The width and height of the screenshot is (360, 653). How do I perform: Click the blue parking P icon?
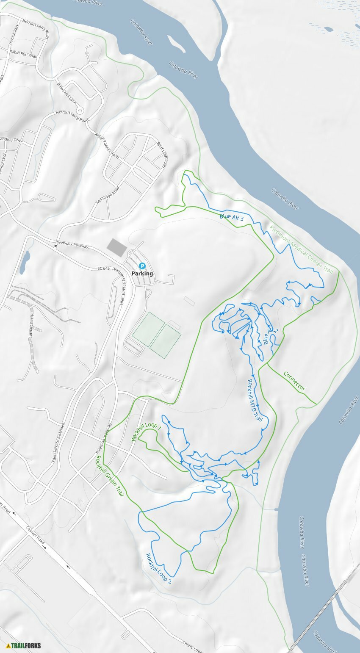pyautogui.click(x=143, y=266)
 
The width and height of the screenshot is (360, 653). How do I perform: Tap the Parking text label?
pyautogui.click(x=142, y=274)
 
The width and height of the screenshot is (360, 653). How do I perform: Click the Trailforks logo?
pyautogui.click(x=24, y=646)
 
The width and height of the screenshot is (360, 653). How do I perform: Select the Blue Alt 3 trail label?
pyautogui.click(x=231, y=218)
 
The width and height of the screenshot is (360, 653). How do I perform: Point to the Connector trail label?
pyautogui.click(x=294, y=381)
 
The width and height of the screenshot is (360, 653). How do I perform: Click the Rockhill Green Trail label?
pyautogui.click(x=109, y=475)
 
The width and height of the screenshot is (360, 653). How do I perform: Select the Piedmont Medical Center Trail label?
pyautogui.click(x=301, y=249)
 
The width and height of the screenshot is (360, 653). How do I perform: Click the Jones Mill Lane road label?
pyautogui.click(x=66, y=91)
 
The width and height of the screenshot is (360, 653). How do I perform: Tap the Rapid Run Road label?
pyautogui.click(x=23, y=54)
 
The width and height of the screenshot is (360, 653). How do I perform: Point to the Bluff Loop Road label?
pyautogui.click(x=161, y=155)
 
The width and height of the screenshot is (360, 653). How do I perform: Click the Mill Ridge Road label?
pyautogui.click(x=108, y=195)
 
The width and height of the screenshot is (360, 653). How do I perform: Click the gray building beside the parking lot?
pyautogui.click(x=116, y=246)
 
